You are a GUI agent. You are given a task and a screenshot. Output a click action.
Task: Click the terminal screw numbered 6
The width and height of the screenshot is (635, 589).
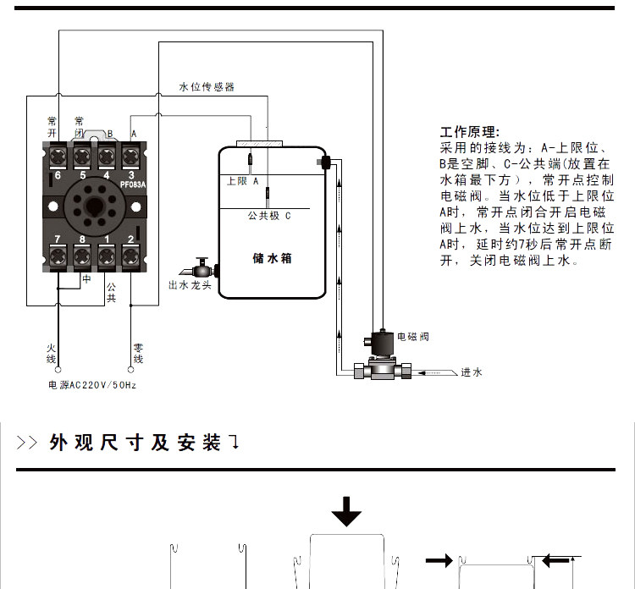[x=58, y=155]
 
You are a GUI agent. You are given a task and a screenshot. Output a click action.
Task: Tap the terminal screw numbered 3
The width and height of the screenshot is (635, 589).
[x=131, y=155]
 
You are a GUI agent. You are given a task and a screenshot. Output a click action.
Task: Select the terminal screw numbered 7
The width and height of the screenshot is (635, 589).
[x=58, y=255]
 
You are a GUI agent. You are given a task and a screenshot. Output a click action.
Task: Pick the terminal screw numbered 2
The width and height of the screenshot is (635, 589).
[x=131, y=255]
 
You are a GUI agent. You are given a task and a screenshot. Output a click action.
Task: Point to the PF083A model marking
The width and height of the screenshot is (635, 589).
[x=133, y=184]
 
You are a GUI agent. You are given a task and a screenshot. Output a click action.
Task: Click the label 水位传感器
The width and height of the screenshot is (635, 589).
[x=207, y=87]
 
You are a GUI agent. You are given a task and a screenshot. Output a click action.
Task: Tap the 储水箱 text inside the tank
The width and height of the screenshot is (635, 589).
[x=272, y=257]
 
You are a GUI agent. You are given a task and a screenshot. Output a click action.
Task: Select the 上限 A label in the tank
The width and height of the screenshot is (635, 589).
[x=242, y=180]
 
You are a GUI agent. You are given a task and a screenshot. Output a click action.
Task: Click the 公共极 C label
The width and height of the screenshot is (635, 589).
[x=268, y=216]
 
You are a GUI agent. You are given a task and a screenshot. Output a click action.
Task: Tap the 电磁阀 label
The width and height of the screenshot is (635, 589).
[x=413, y=337]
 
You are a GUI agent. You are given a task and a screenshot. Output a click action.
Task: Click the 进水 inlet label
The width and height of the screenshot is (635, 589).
[x=472, y=372]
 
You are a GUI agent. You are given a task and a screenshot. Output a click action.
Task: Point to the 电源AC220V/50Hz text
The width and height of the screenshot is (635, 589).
[x=92, y=385]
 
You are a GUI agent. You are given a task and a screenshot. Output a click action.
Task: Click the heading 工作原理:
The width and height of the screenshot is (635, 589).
[x=470, y=133]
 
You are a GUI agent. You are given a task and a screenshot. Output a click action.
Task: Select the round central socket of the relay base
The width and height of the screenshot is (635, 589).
[x=95, y=205]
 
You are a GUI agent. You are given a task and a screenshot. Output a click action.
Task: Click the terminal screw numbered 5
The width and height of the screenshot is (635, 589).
[x=83, y=155]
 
